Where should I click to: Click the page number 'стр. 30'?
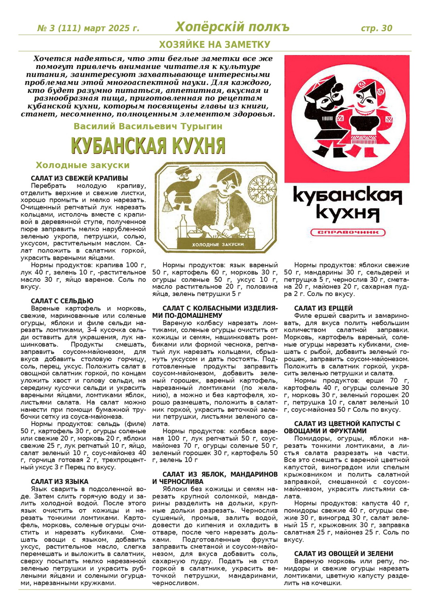pos(376,28)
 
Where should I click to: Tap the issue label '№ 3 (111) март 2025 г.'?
pos(88,28)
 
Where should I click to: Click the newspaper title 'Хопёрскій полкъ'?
pos(232,27)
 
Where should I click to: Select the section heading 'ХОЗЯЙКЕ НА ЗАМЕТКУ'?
pos(214,44)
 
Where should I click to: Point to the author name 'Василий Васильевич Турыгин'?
pos(148,126)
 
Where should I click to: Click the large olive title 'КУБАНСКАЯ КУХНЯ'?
pos(148,146)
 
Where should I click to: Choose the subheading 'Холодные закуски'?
pos(83,165)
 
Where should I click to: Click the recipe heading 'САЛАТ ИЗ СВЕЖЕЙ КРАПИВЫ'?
pos(79,178)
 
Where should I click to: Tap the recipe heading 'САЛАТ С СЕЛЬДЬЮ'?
pos(62,301)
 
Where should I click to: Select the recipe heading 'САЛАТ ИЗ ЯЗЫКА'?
pos(60,482)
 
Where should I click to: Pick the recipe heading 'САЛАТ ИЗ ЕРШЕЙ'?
pos(323,308)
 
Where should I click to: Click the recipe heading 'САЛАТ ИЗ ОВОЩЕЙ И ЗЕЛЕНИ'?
pos(344,554)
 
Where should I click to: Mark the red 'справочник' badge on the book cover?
pos(347,233)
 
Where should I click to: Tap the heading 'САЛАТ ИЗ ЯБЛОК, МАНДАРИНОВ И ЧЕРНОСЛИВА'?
pos(215,478)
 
